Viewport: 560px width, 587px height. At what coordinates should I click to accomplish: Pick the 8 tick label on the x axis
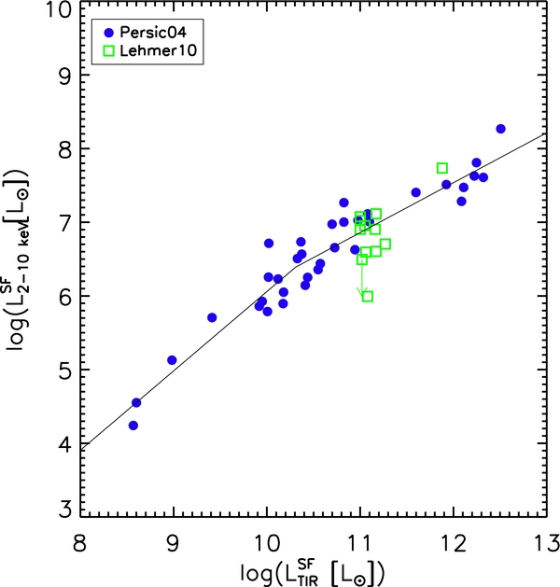[81, 543]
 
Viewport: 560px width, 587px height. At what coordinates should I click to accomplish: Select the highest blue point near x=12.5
[500, 129]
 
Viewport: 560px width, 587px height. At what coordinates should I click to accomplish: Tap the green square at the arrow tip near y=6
[368, 296]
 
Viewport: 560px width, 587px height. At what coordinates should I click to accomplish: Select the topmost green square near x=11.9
[442, 168]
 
